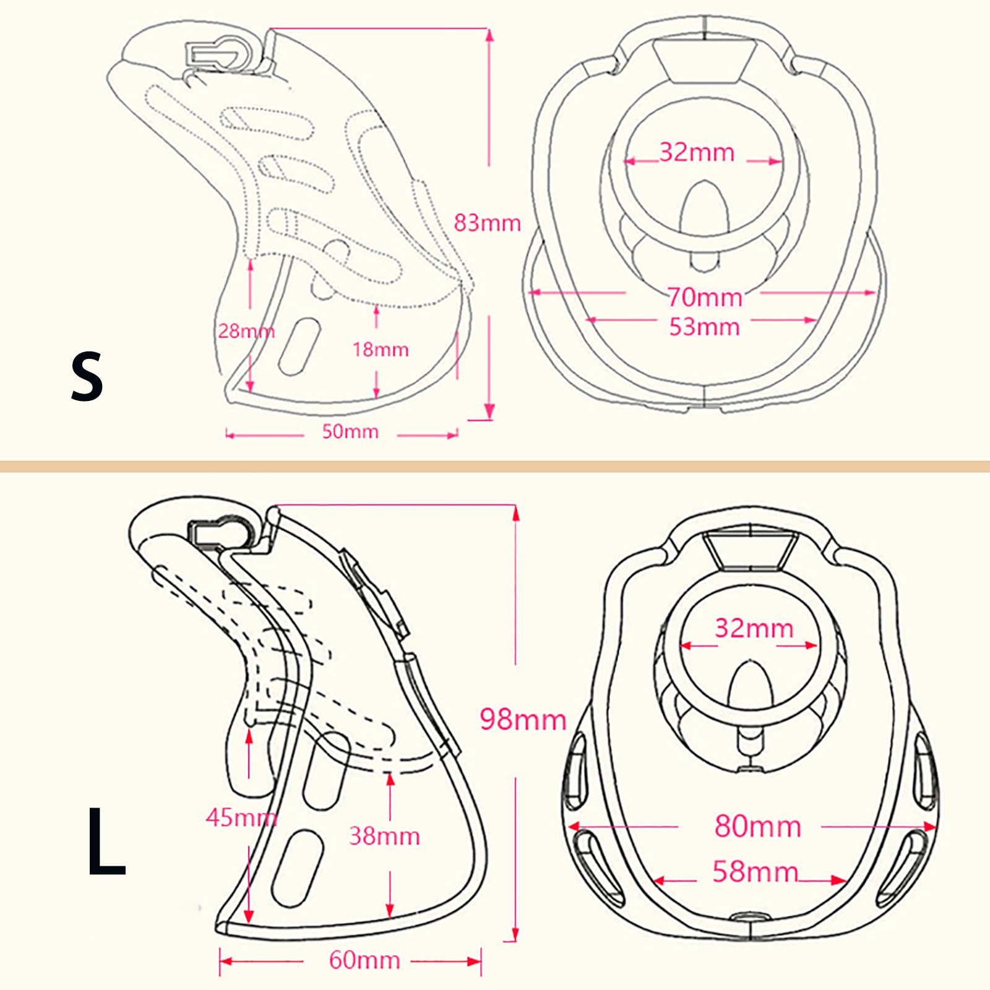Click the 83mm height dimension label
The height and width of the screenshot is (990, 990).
tap(488, 223)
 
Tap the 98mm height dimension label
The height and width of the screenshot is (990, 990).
tap(523, 720)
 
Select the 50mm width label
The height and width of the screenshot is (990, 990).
tap(350, 431)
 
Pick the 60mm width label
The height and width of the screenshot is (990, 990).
tap(364, 960)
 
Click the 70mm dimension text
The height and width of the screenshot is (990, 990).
tap(705, 298)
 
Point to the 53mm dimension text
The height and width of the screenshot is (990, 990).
tap(705, 327)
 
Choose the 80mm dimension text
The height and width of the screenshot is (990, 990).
tap(758, 826)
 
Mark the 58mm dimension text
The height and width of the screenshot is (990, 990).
tap(755, 872)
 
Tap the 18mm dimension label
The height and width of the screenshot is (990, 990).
tap(381, 350)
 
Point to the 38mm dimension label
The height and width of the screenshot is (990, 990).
tap(384, 837)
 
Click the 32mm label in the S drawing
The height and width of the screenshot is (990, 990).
tap(697, 152)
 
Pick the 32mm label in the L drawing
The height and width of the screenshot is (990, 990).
tap(754, 629)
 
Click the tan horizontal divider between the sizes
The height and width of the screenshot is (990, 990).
tap(495, 466)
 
